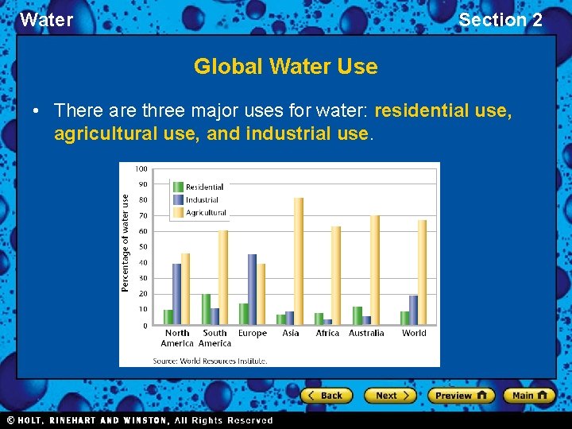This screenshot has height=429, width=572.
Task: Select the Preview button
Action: click(461, 395)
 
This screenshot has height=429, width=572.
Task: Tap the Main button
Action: click(531, 395)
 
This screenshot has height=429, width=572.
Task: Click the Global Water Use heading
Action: click(285, 67)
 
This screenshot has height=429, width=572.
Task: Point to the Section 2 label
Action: click(500, 20)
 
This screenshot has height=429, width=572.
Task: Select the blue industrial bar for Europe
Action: click(253, 289)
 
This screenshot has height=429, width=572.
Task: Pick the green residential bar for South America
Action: click(207, 309)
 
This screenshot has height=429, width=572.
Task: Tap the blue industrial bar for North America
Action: click(176, 294)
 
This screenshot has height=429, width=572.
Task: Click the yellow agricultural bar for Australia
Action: click(375, 269)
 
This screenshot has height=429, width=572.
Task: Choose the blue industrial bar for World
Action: click(413, 310)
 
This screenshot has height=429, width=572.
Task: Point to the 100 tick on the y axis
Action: click(141, 168)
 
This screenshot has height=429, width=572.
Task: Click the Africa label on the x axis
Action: click(327, 334)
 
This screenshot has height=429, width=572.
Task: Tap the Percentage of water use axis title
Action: click(126, 242)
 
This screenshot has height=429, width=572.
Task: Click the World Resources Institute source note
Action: click(210, 360)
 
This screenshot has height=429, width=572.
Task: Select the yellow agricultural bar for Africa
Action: click(336, 275)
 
